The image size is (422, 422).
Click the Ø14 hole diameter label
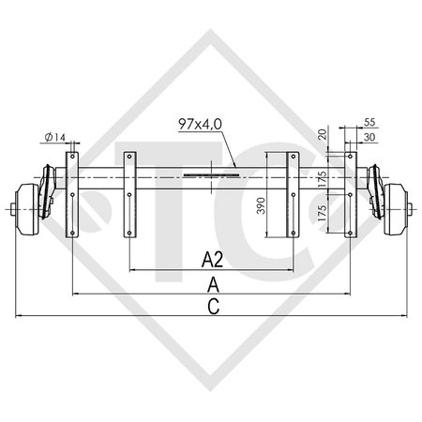point(55,138)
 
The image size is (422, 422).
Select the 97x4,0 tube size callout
point(199,123)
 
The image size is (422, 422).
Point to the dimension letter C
point(214,304)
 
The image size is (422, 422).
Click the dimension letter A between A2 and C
point(214,282)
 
